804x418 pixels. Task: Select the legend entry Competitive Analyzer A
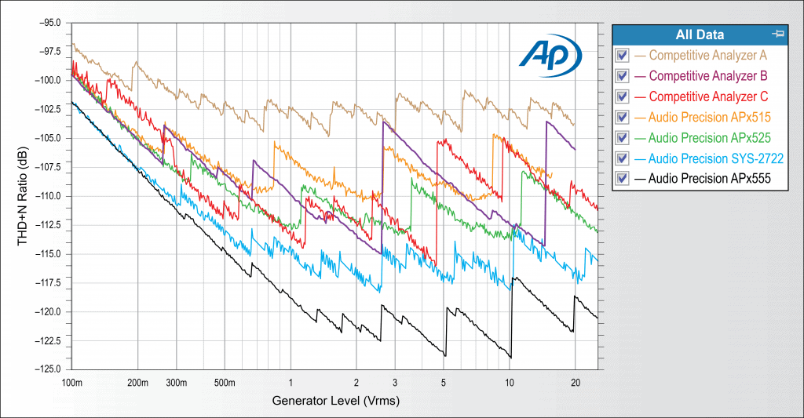point(708,56)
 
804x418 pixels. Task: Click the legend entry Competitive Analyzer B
point(708,76)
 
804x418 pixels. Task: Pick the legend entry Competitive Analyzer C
point(708,96)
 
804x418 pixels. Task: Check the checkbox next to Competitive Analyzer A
point(623,56)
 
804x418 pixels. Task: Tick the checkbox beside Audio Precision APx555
point(623,179)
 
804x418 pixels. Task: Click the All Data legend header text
point(700,35)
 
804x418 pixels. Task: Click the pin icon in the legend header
point(778,34)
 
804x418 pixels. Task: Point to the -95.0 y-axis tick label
point(49,23)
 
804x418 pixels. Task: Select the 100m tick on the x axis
point(71,383)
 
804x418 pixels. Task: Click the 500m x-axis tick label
point(225,383)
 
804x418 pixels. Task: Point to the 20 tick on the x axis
point(575,383)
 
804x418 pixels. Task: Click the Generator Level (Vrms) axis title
point(334,402)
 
